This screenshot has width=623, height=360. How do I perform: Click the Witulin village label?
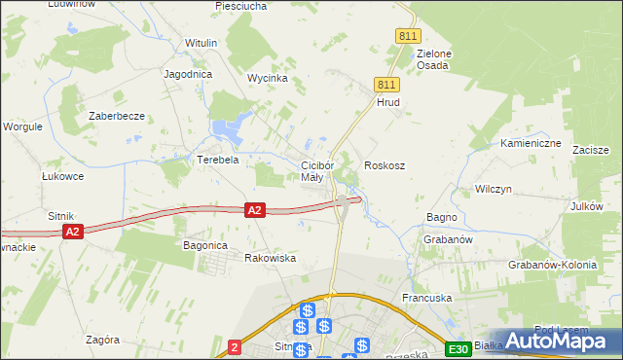[202, 44]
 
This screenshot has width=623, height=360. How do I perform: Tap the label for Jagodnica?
[189, 74]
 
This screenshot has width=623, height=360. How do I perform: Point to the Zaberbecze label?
[117, 116]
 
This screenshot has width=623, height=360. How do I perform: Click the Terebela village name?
[219, 160]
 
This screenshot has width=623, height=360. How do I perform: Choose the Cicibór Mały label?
[317, 171]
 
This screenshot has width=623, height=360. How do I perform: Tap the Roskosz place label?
[385, 166]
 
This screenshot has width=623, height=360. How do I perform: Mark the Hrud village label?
[388, 102]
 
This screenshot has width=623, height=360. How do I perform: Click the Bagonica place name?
[205, 246]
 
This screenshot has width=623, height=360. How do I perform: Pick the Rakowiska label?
[270, 258]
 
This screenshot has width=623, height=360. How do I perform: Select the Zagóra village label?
[102, 341]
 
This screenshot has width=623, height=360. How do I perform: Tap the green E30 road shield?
[458, 349]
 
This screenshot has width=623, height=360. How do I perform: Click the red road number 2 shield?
[234, 346]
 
